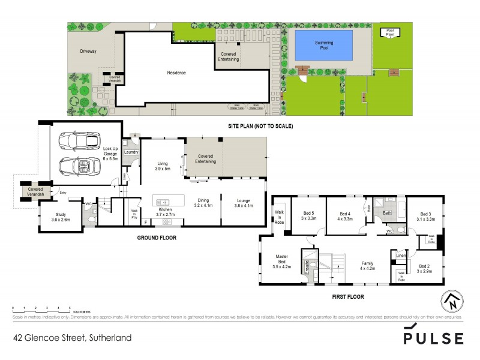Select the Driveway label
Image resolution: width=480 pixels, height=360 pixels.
[88, 51]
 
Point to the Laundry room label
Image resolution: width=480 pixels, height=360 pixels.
[131, 152]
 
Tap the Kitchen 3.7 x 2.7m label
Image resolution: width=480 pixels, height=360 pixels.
[165, 212]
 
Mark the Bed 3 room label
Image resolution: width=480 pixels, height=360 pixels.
[425, 217]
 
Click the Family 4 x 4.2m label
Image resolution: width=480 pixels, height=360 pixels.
[368, 266]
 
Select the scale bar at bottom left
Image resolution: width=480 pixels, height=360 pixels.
[42, 308]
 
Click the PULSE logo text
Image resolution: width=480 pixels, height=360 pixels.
[433, 337]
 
